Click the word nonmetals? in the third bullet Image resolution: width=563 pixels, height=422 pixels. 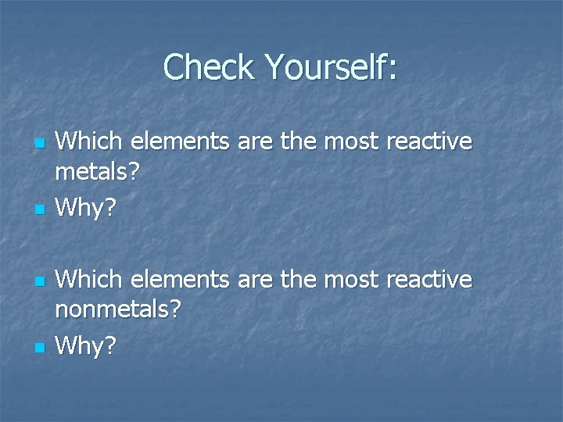[x=118, y=310]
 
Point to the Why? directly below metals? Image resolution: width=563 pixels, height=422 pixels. [x=86, y=208]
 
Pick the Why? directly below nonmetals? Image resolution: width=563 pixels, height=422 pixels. [x=86, y=345]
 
